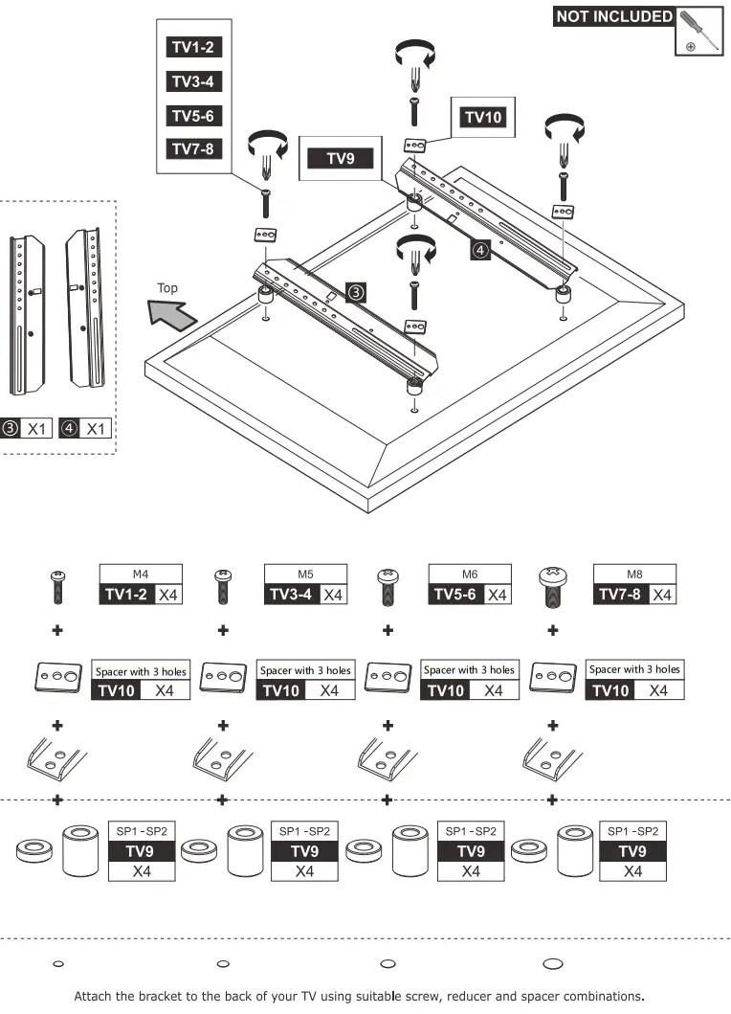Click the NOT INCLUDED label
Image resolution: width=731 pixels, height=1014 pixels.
(x=613, y=16)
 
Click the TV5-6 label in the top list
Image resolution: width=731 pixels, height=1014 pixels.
(x=193, y=116)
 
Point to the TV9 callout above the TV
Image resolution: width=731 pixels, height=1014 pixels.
(x=341, y=159)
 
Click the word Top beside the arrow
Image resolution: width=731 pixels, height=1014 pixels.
(x=167, y=288)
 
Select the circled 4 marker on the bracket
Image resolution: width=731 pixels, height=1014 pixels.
(x=480, y=250)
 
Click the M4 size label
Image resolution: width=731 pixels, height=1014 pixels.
(x=141, y=575)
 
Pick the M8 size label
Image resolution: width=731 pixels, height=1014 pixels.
(x=634, y=575)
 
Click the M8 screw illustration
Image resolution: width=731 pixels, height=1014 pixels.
(x=552, y=585)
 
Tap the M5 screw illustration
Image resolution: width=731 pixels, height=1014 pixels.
(x=223, y=585)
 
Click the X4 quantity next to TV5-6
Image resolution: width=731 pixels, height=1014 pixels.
(x=497, y=595)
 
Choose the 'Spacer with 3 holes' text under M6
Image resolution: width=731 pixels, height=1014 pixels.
(x=469, y=670)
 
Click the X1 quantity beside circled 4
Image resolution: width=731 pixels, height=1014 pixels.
(x=96, y=428)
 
